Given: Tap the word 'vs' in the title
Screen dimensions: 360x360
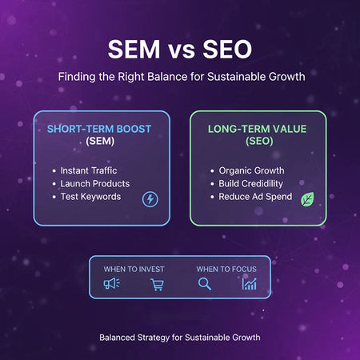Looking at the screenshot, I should coord(180,51).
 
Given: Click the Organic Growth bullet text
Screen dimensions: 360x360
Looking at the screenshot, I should coord(251,170).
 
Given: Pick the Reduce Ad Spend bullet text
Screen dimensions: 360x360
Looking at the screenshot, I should coord(256,196).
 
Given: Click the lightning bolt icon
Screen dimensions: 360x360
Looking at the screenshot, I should coord(150,199).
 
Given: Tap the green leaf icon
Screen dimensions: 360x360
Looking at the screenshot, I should coord(307,199).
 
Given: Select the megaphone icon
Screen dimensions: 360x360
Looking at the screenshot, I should coord(111,284).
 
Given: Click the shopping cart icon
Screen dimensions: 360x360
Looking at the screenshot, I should coord(157,284).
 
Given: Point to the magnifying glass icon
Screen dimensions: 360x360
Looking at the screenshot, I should coord(204,284).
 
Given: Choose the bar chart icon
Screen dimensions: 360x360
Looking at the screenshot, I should coord(250,284).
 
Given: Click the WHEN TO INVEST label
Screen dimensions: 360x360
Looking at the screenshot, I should coord(134,269).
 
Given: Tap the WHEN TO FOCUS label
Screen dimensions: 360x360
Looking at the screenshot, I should coord(226,269).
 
